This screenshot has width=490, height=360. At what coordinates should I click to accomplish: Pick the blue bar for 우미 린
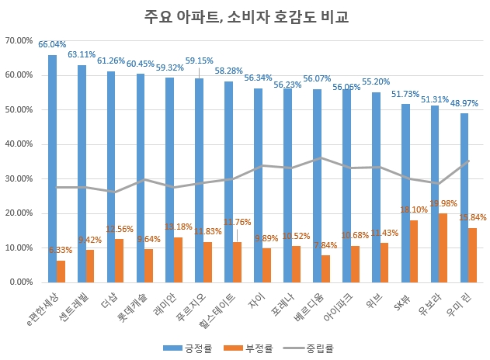pos(464,198)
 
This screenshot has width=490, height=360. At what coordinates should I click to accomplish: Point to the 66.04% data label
pos(52,45)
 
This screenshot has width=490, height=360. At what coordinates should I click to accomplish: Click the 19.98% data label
pos(443,204)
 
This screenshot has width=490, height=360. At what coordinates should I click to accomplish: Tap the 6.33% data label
pos(61,251)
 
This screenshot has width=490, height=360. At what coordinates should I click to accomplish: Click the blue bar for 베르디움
pos(317,185)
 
